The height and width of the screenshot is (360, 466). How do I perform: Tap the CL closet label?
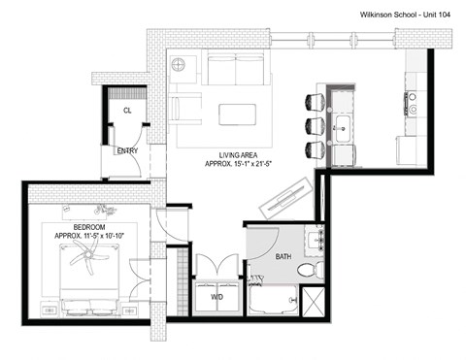coord(127,111)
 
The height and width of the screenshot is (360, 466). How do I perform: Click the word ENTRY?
coord(127,151)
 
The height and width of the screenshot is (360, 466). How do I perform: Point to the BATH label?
coord(282,256)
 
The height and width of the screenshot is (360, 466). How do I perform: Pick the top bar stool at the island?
coord(315,101)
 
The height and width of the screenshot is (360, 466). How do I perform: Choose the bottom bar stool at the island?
coord(315,149)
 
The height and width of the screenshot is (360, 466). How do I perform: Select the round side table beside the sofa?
coord(180,65)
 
